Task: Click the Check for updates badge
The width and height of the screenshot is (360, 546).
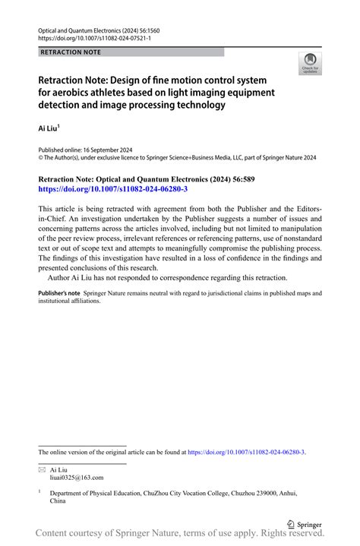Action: pyautogui.click(x=309, y=64)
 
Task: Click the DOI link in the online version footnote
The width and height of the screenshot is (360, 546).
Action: pyautogui.click(x=246, y=452)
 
